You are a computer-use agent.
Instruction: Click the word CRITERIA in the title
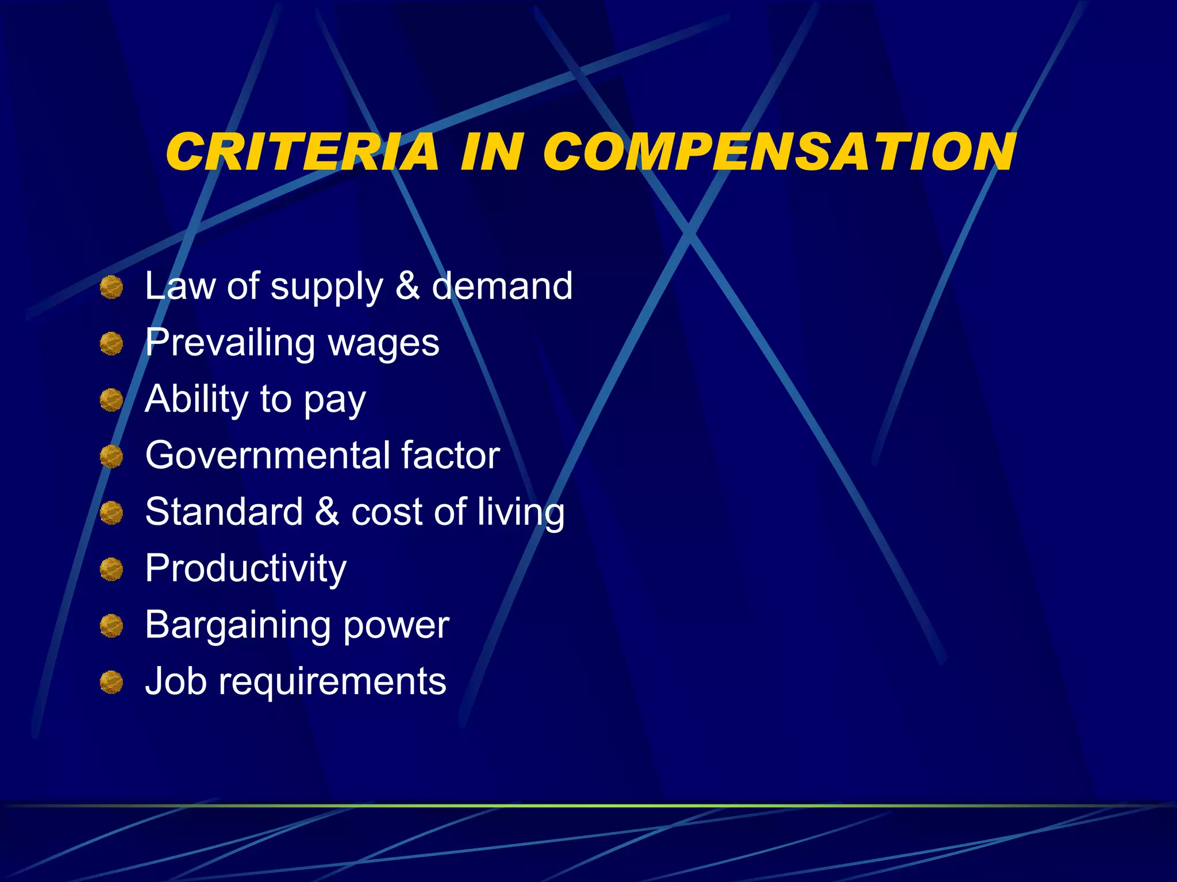(x=302, y=152)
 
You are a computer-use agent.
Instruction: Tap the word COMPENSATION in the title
(x=779, y=152)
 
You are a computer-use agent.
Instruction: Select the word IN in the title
(x=492, y=152)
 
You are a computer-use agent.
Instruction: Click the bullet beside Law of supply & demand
(x=111, y=287)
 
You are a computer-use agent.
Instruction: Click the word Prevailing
(x=230, y=343)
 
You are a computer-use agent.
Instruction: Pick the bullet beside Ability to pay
(x=111, y=400)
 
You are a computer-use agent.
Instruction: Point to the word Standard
(x=224, y=511)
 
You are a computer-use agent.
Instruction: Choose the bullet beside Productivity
(x=111, y=570)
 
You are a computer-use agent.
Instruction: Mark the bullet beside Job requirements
(x=111, y=683)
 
